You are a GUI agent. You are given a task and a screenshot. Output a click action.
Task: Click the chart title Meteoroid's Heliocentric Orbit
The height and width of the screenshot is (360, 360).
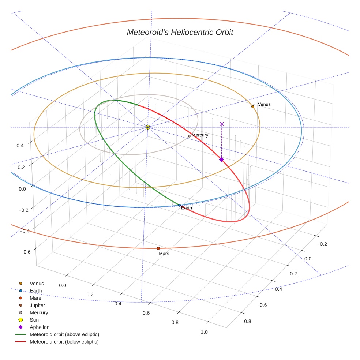click(x=180, y=32)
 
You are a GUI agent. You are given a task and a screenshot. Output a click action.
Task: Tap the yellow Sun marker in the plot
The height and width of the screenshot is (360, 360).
click(x=147, y=127)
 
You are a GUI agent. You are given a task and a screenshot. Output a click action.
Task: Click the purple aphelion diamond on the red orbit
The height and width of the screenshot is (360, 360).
click(x=221, y=160)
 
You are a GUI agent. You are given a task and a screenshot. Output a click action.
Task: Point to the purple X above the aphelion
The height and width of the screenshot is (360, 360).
click(x=222, y=124)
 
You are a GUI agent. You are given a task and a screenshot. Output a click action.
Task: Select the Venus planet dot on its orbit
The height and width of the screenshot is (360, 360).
click(x=252, y=106)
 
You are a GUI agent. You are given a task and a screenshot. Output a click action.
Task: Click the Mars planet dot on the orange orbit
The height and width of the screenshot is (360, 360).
click(x=158, y=248)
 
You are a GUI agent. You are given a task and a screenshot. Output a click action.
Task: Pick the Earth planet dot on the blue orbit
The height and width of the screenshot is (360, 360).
click(x=179, y=205)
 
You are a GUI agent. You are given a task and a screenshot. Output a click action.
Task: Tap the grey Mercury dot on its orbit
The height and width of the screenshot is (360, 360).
click(x=190, y=136)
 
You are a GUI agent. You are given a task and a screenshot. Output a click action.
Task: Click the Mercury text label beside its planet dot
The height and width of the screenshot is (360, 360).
click(x=200, y=135)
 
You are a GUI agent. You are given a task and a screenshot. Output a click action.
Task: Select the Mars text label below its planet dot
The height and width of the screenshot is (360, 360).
click(x=164, y=254)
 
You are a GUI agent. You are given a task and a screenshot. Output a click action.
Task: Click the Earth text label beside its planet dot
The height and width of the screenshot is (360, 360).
click(x=187, y=208)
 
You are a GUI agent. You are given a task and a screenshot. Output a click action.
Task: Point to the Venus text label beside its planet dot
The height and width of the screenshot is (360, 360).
click(x=264, y=104)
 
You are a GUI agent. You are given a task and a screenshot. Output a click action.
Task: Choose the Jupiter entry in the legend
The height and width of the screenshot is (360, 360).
click(x=37, y=305)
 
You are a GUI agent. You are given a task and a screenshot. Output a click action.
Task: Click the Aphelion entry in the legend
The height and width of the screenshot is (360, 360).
click(x=40, y=327)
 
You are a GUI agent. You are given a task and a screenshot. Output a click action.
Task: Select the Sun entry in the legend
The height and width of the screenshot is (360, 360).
click(x=34, y=320)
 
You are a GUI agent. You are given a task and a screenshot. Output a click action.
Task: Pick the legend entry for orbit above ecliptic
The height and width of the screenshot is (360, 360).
click(x=64, y=334)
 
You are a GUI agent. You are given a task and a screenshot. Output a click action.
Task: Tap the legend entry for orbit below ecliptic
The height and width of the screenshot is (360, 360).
click(x=64, y=342)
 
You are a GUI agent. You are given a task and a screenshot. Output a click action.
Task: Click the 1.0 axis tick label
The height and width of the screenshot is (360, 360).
click(x=204, y=332)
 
